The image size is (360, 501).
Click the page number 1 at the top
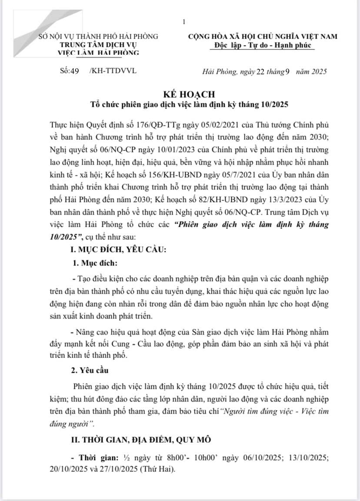pos(184,22)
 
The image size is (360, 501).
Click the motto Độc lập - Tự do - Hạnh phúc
pos(263,46)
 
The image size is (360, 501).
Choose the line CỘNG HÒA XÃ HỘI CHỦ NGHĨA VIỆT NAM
pos(263,37)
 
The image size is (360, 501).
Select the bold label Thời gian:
pos(96,459)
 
